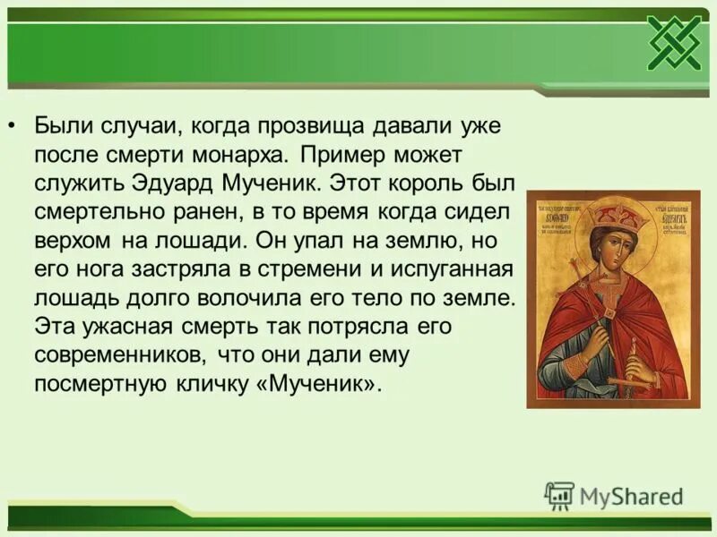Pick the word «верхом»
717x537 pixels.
pyautogui.click(x=74, y=241)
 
